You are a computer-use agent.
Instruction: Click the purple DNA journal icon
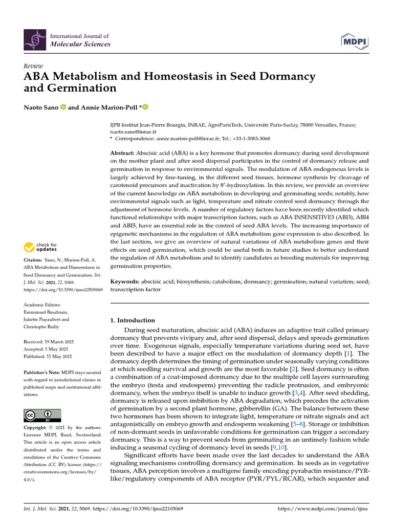pyautogui.click(x=34, y=40)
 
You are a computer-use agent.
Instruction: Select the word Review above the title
pyautogui.click(x=33, y=66)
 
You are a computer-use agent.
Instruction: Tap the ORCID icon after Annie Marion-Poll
pyautogui.click(x=145, y=107)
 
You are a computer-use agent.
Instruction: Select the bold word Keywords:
pyautogui.click(x=125, y=282)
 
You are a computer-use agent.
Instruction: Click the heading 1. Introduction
pyautogui.click(x=133, y=320)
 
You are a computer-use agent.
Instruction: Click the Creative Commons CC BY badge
pyautogui.click(x=42, y=416)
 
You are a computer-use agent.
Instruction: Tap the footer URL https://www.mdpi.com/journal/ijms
pyautogui.click(x=322, y=509)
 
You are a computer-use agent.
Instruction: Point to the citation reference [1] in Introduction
pyautogui.click(x=348, y=354)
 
